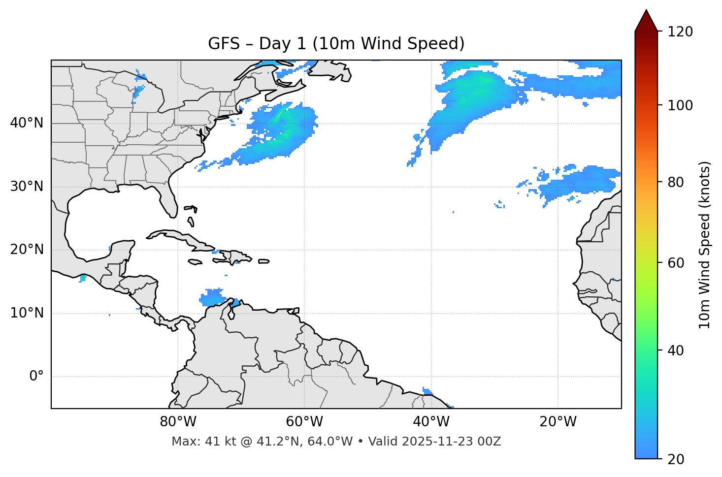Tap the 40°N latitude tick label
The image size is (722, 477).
[27, 123]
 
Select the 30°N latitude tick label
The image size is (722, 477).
[27, 187]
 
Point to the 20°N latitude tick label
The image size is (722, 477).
[27, 250]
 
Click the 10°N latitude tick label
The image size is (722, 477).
[27, 313]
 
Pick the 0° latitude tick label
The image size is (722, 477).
[36, 377]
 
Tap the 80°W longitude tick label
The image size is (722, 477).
[178, 422]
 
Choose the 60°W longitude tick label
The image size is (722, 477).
[304, 422]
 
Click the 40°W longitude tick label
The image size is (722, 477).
[431, 422]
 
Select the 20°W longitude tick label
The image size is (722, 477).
[558, 422]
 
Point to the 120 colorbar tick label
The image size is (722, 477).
[680, 32]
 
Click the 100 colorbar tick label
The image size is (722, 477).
[680, 105]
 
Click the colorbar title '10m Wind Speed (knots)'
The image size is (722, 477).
[705, 245]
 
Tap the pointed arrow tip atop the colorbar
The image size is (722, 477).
[646, 12]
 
